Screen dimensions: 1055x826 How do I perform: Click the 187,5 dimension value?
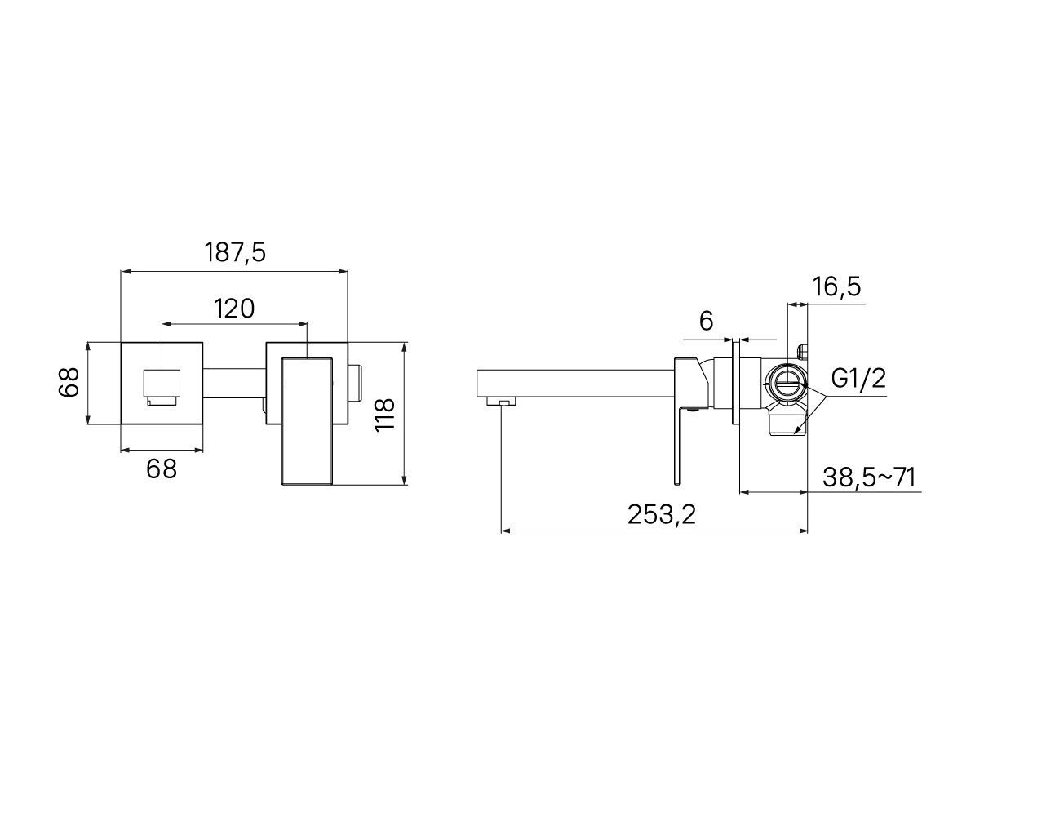click(x=235, y=252)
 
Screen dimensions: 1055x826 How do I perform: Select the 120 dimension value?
click(x=234, y=309)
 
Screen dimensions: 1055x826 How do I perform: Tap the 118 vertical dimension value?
click(x=385, y=414)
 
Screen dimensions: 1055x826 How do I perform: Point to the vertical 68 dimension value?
click(x=69, y=383)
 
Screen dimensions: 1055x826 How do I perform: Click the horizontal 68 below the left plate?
click(x=162, y=469)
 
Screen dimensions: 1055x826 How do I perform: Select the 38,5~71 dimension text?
click(x=869, y=477)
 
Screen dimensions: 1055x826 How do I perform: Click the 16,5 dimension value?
click(x=836, y=286)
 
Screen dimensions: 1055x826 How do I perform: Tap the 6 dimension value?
click(x=706, y=321)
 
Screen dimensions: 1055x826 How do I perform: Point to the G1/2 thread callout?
click(x=858, y=378)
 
